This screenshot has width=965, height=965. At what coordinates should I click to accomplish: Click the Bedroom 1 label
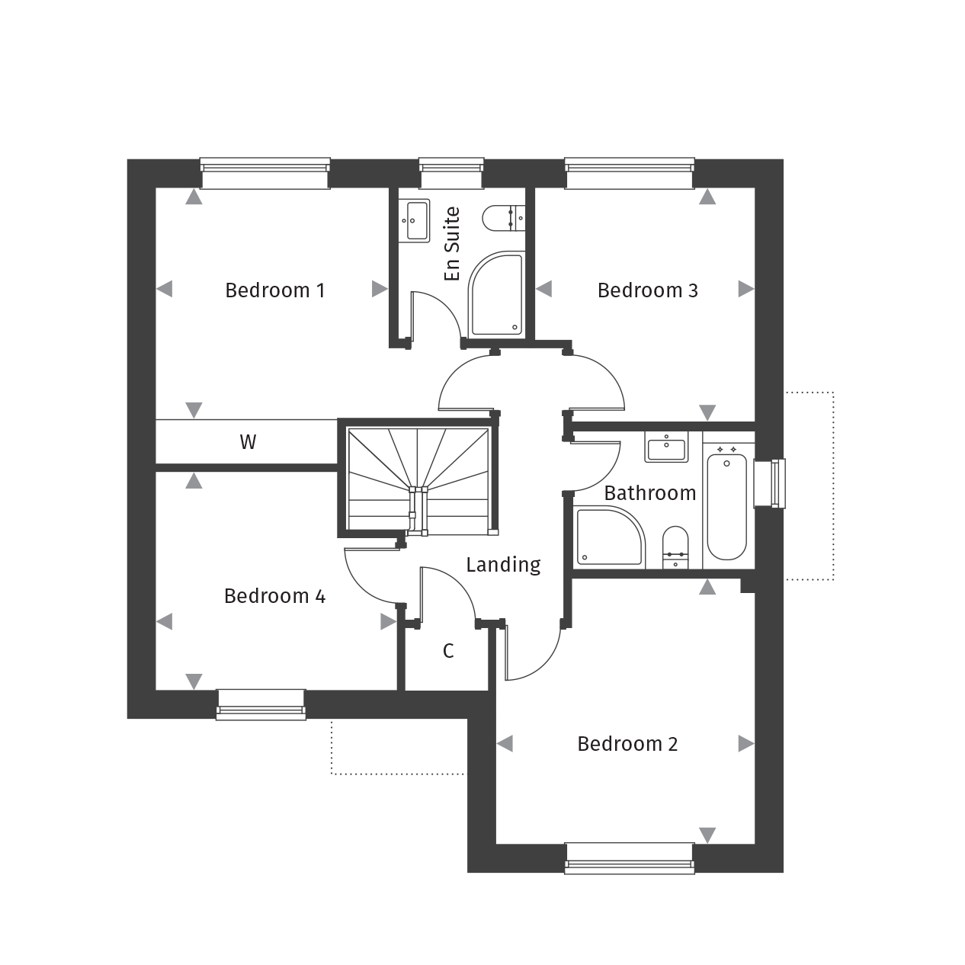(x=274, y=290)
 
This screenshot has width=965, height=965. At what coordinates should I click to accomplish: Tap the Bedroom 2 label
(x=627, y=744)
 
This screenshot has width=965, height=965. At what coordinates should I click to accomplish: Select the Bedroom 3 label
(x=647, y=290)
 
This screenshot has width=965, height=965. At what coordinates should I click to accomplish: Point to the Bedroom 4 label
(x=274, y=596)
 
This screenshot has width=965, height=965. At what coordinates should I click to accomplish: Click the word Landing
(x=503, y=565)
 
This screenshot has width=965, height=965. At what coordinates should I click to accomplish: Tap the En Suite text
(x=452, y=243)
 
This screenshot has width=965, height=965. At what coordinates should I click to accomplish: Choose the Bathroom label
(x=649, y=493)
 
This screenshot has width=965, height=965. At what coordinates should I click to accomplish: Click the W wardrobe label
(x=248, y=442)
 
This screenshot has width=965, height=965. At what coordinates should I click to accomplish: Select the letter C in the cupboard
(x=448, y=651)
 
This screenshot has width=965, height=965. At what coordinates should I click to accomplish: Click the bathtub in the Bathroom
(x=726, y=505)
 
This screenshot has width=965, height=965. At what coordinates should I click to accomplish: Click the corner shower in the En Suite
(x=495, y=296)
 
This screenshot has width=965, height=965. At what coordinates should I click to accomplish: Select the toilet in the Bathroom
(x=675, y=547)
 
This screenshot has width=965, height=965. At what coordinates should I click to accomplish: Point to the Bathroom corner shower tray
(x=609, y=537)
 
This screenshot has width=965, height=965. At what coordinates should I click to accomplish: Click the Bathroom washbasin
(x=666, y=447)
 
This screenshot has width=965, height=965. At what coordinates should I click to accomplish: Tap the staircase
(x=418, y=479)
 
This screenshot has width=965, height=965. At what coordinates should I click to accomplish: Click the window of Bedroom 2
(x=630, y=858)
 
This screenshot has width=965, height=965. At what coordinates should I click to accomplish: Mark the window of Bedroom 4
(x=261, y=704)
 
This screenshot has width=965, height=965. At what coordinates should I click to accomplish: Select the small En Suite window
(x=451, y=173)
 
